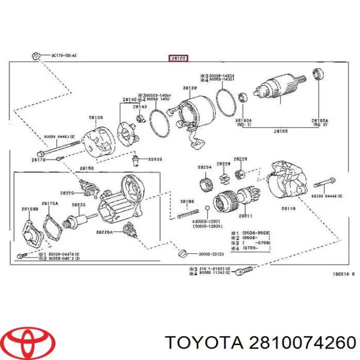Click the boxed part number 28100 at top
pyautogui.click(x=178, y=58)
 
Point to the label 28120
pyautogui.click(x=189, y=88)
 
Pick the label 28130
pyautogui.click(x=96, y=117)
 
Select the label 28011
pyautogui.click(x=245, y=216)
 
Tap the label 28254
pyautogui.click(x=203, y=166)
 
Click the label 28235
pyautogui.click(x=78, y=204)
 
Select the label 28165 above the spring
pyautogui.click(x=187, y=201)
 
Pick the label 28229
pyautogui.click(x=241, y=158)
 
